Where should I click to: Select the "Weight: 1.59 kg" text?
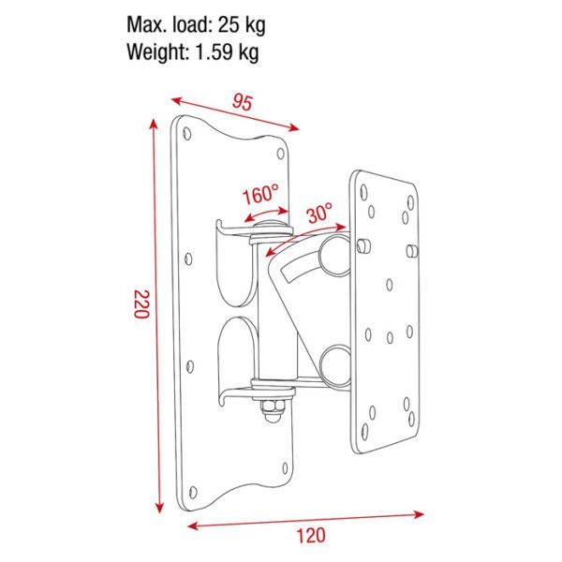pos(193,52)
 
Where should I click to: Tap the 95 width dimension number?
pos(244,103)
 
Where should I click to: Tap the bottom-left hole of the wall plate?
pos(193,488)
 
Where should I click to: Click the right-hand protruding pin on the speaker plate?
pos(412,250)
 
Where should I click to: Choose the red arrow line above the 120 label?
pos(307,517)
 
